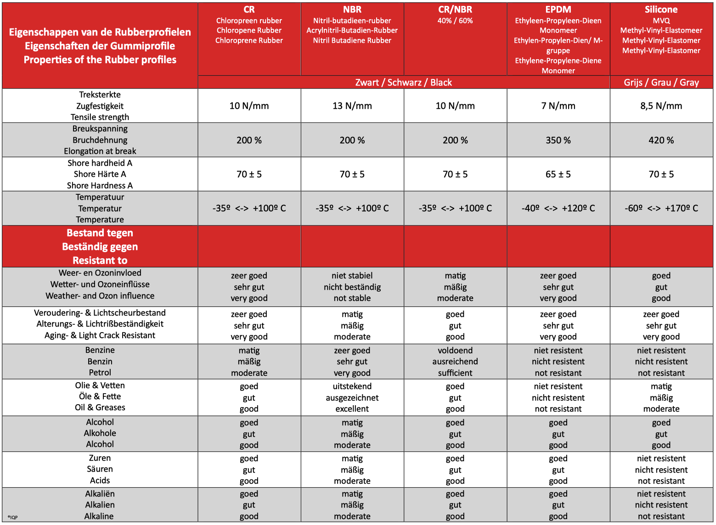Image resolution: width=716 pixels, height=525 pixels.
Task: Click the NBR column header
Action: coord(352,10)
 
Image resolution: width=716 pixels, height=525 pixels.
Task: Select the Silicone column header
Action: coord(661,10)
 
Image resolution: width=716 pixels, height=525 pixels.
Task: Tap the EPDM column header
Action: coord(558,10)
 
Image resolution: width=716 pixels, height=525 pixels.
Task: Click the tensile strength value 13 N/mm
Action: coord(352,106)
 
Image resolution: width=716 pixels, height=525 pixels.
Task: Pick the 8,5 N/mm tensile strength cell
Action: coord(661,106)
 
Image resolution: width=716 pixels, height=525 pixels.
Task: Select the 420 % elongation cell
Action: coord(661,140)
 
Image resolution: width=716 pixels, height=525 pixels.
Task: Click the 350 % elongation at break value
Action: coord(558,140)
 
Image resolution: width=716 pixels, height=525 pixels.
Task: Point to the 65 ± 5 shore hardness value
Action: coord(558,174)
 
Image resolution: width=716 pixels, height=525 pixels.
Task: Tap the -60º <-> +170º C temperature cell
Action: coord(661,208)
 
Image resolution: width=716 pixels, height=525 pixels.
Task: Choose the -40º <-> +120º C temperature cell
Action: coord(558,208)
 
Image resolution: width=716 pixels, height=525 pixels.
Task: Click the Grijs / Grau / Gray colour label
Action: coord(661,83)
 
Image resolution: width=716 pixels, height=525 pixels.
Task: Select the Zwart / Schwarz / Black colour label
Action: coord(403,83)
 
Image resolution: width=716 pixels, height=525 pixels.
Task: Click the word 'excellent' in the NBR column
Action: coord(352,409)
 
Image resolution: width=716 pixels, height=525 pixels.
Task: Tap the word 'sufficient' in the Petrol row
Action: coord(455,373)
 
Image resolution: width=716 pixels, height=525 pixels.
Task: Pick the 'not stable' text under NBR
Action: coord(352,298)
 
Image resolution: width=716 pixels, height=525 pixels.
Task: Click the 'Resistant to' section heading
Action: coord(100,260)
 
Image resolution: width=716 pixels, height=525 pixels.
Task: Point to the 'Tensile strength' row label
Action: coord(100,117)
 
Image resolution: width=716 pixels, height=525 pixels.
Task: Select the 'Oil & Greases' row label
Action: coord(100,407)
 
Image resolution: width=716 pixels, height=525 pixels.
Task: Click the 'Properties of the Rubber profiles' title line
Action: coord(100,60)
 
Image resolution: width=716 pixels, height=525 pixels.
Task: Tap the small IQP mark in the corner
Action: coord(12,517)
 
